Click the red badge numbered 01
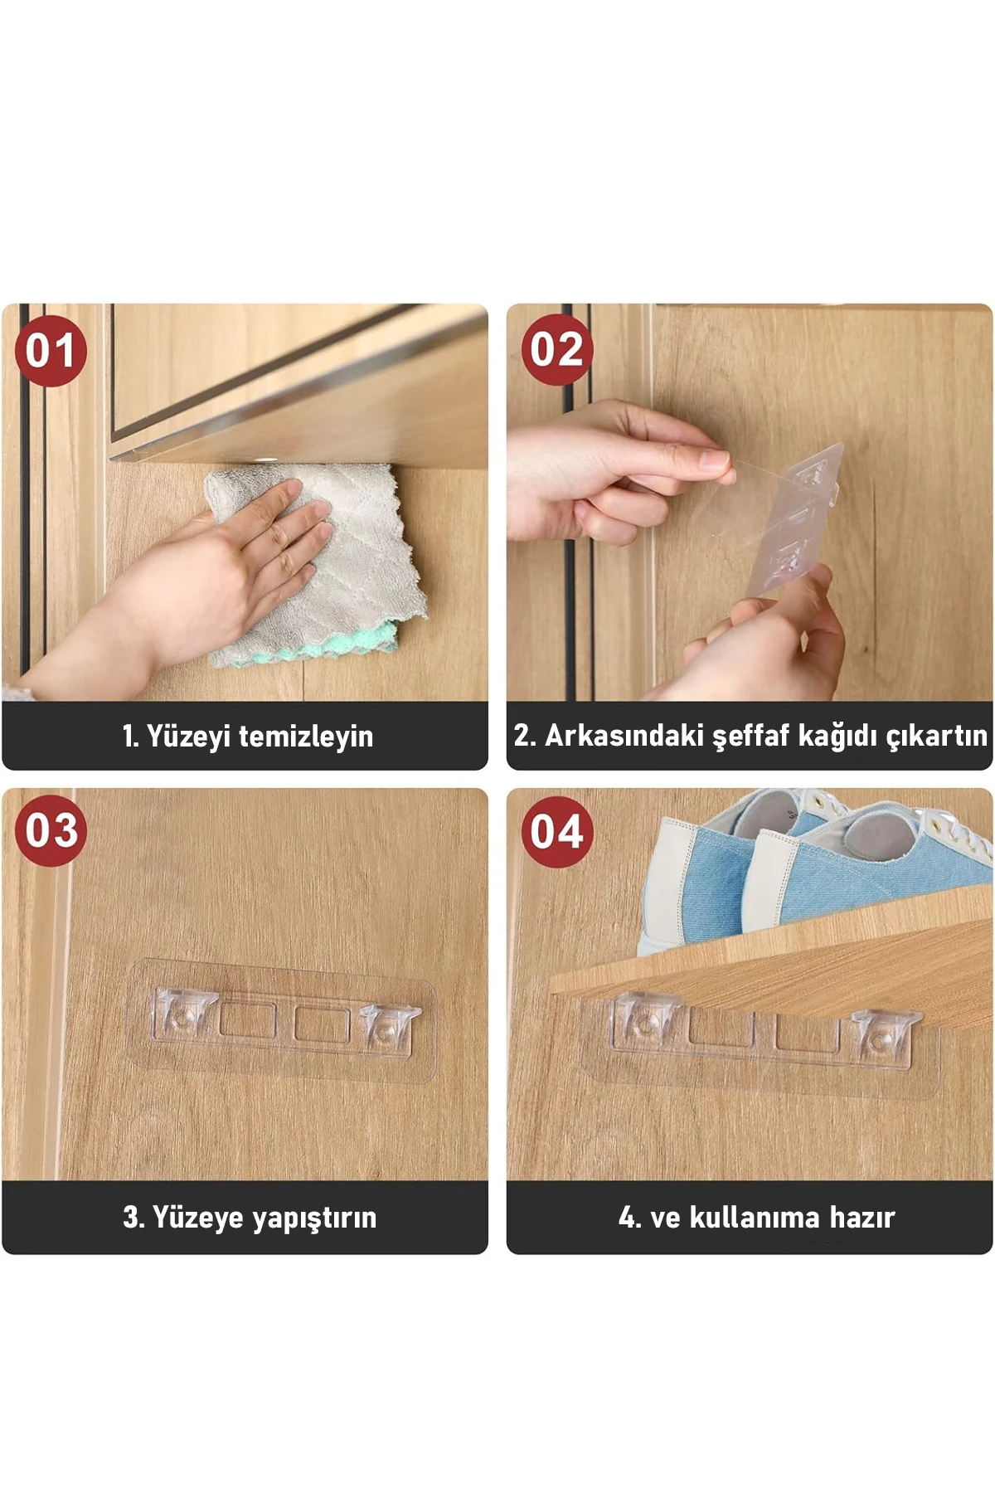click(51, 351)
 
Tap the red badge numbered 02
click(556, 349)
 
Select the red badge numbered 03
click(51, 830)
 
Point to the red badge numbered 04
click(557, 832)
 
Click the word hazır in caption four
click(862, 1218)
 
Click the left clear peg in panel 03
click(184, 1014)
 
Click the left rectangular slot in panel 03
click(247, 1019)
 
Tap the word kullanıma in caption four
click(755, 1218)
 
